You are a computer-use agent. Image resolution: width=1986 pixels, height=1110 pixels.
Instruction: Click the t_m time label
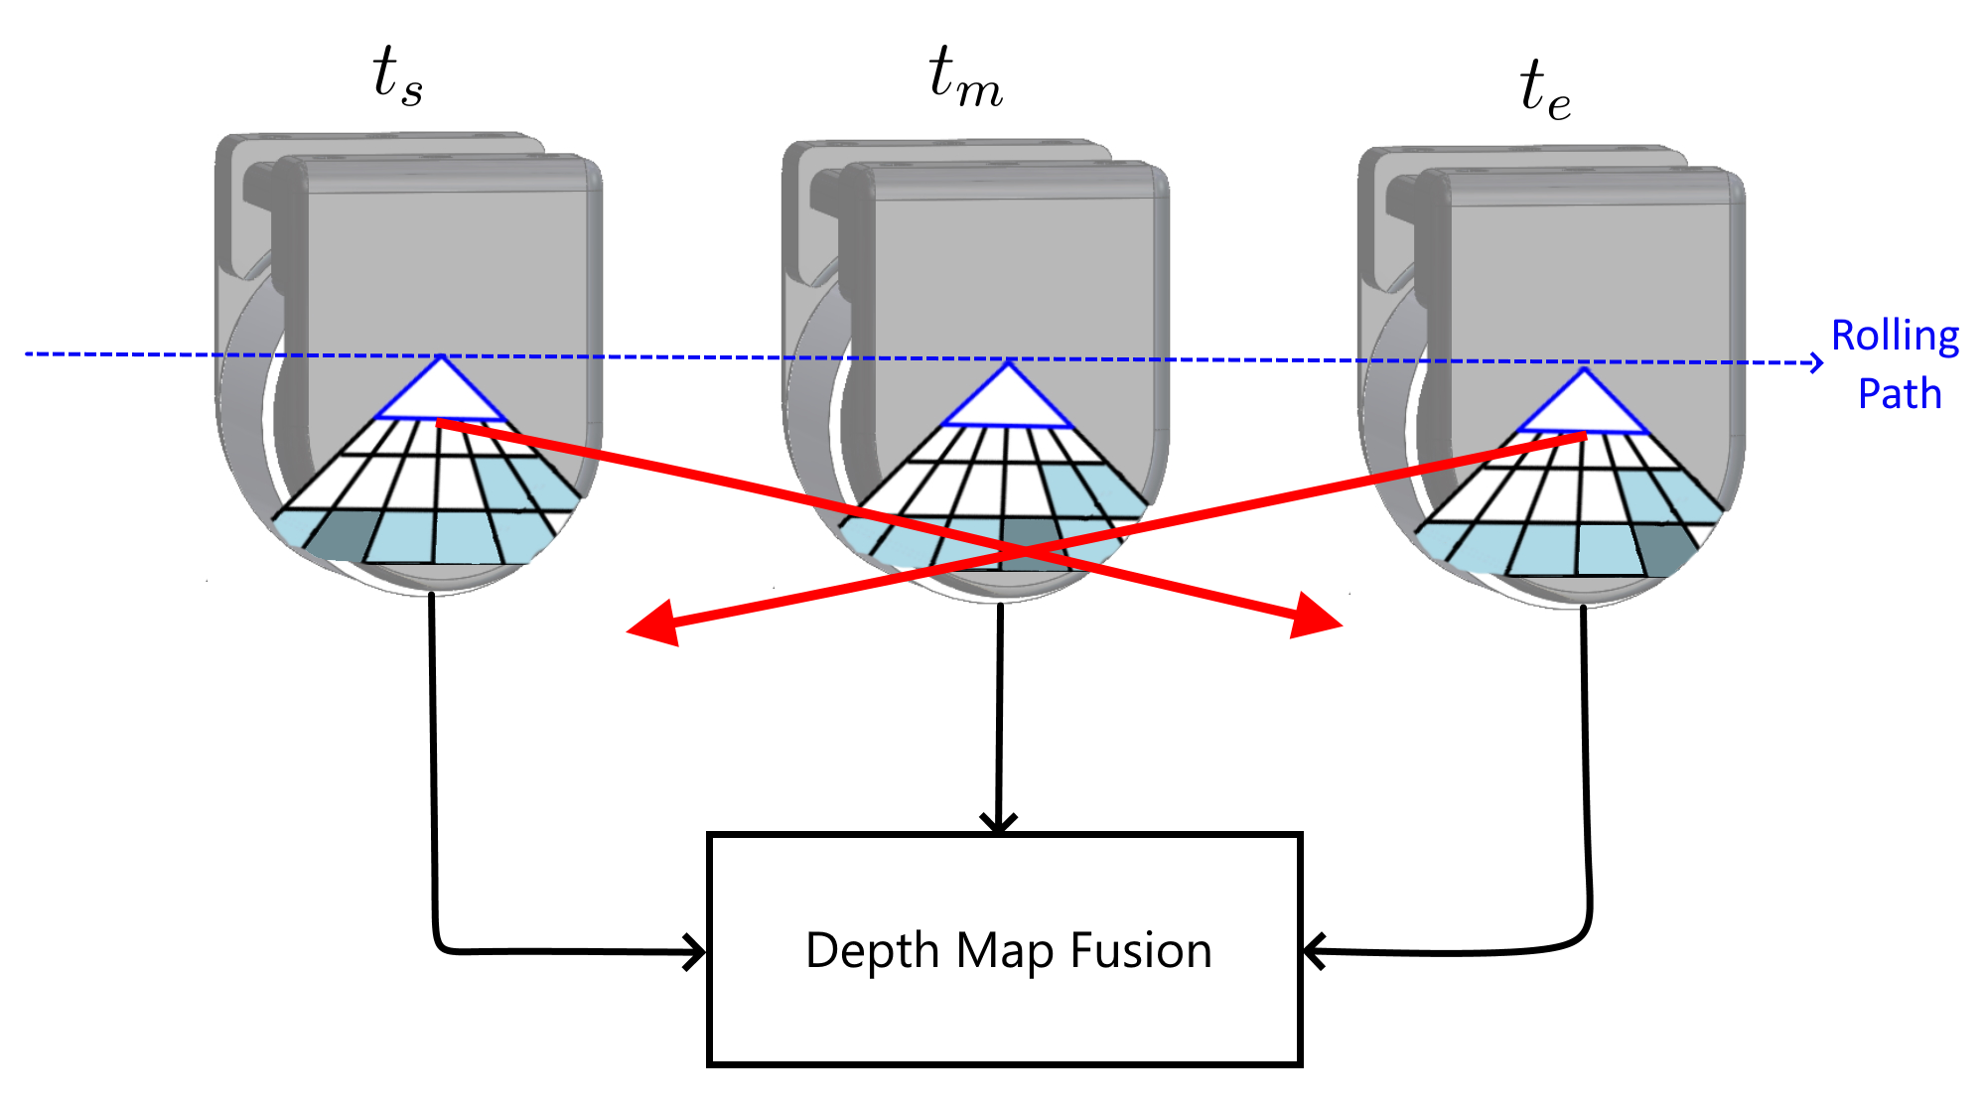click(965, 77)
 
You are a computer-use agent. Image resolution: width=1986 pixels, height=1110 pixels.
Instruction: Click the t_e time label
click(1545, 89)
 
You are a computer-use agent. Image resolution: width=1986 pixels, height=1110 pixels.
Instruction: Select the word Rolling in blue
click(1895, 336)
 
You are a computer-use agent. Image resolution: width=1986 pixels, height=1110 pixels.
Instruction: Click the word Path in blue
click(1900, 394)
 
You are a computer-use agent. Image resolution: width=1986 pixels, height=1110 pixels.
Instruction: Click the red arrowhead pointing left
click(655, 624)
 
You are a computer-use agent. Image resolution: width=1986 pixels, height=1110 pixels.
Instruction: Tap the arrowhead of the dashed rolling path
click(1817, 362)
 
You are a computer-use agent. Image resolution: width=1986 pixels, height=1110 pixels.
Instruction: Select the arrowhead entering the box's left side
click(695, 952)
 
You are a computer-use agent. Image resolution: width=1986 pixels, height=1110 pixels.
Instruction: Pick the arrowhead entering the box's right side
click(1313, 951)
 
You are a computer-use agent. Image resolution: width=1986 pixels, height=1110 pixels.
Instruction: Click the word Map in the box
click(1005, 950)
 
